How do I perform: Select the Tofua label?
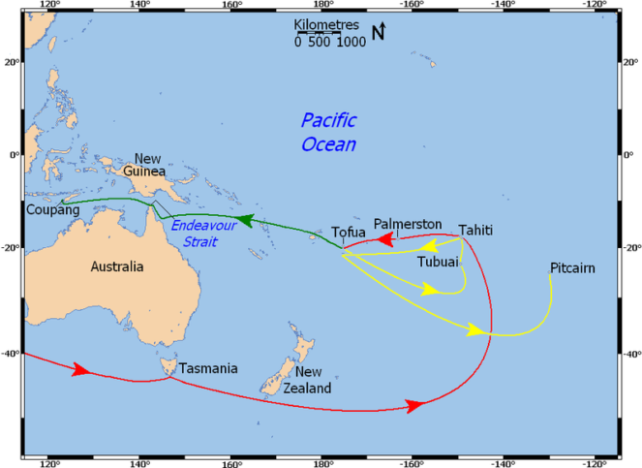pyautogui.click(x=350, y=234)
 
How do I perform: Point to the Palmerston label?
pyautogui.click(x=408, y=223)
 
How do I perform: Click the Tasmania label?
pyautogui.click(x=208, y=368)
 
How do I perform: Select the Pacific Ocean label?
pyautogui.click(x=328, y=133)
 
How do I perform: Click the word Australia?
pyautogui.click(x=116, y=266)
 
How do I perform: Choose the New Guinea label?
pyautogui.click(x=147, y=165)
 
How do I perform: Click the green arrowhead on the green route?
pyautogui.click(x=246, y=221)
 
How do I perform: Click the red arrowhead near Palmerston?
pyautogui.click(x=385, y=237)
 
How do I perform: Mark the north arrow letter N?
pyautogui.click(x=379, y=34)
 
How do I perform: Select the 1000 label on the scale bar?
pyautogui.click(x=351, y=43)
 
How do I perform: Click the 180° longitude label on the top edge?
pyautogui.click(x=321, y=5)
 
